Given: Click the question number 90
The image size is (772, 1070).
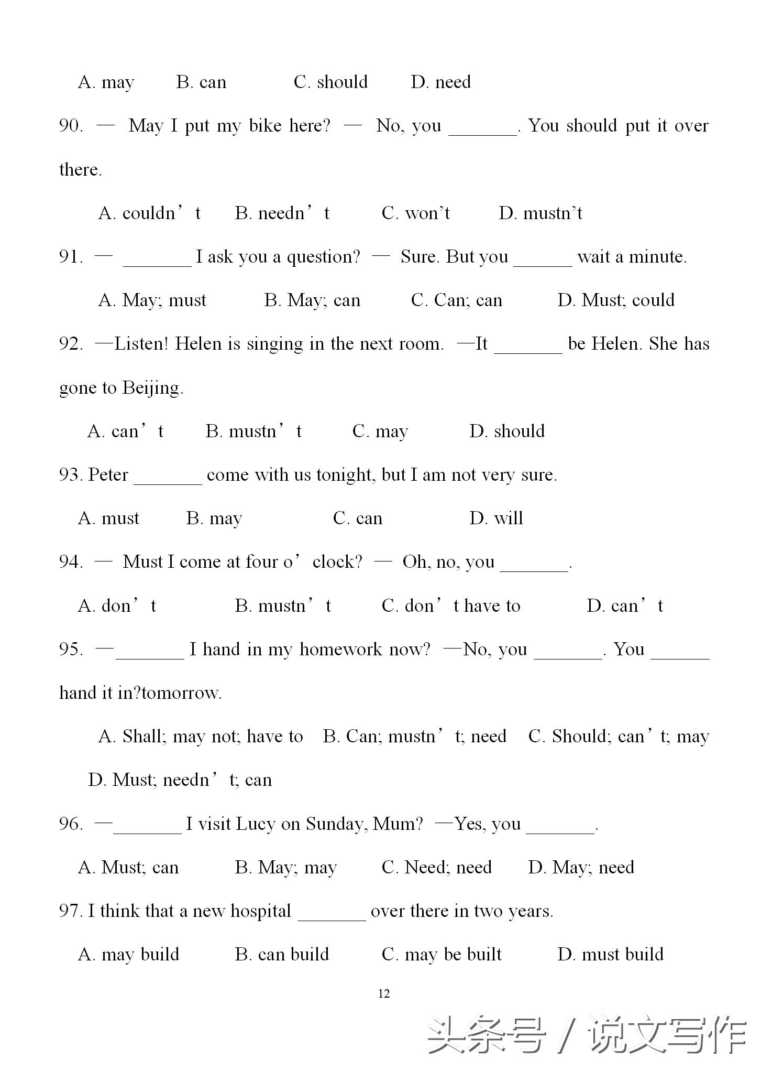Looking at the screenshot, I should click(x=71, y=126).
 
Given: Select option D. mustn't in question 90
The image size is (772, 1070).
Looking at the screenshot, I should click(x=540, y=213).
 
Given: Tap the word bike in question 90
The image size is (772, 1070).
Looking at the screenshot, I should click(x=265, y=126).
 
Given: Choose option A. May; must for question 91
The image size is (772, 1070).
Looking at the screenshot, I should click(x=152, y=300).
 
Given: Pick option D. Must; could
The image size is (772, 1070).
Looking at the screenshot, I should click(x=616, y=300).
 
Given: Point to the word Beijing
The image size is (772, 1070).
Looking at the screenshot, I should click(x=152, y=388).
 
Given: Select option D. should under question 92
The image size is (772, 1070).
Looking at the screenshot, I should click(x=507, y=431).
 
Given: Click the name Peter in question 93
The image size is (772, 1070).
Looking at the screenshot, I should click(x=108, y=475).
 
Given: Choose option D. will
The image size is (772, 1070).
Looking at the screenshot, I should click(x=496, y=518).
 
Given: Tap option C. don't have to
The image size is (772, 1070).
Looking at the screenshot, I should click(x=451, y=606).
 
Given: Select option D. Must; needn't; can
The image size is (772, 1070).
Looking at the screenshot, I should click(x=180, y=780).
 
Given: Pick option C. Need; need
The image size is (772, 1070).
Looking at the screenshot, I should click(x=437, y=868).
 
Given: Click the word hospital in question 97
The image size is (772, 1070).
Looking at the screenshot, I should click(x=261, y=911).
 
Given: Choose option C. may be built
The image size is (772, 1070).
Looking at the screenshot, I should click(x=442, y=955).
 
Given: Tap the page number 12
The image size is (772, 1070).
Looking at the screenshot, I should click(x=384, y=994).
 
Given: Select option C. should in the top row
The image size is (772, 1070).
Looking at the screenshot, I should click(x=330, y=82).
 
